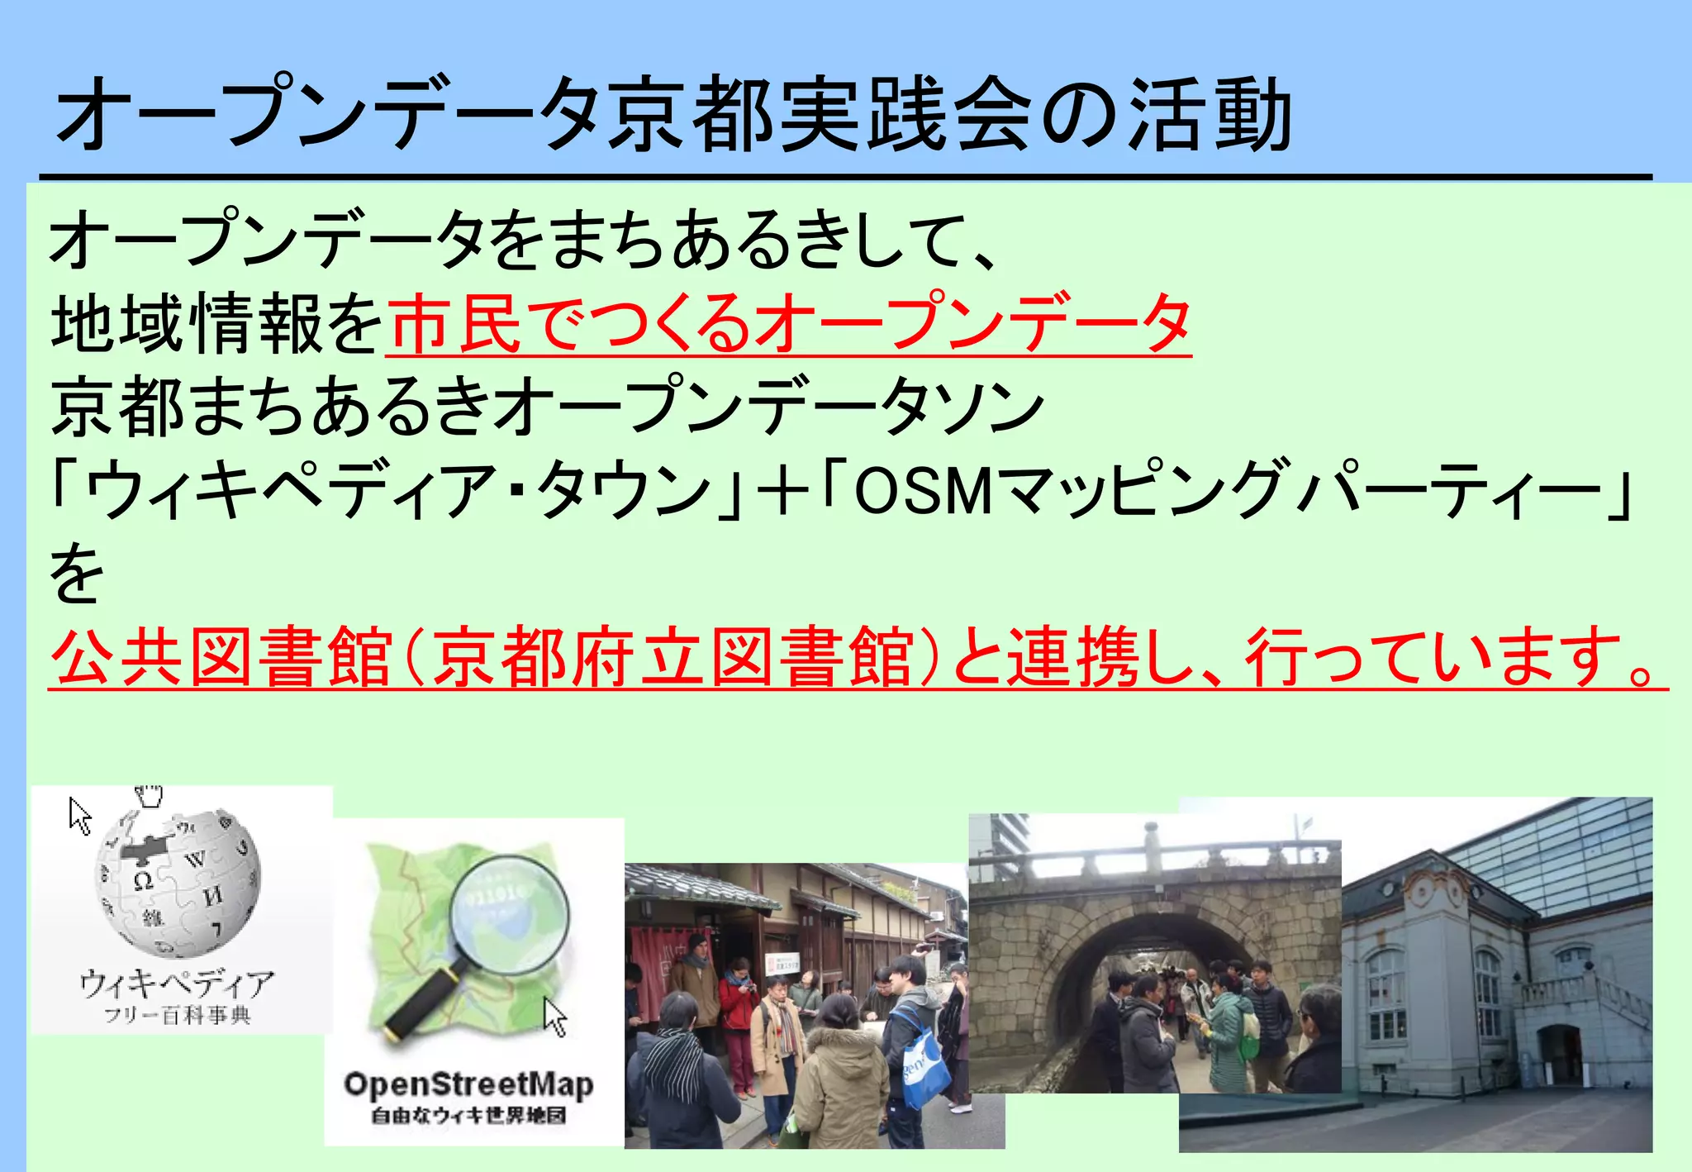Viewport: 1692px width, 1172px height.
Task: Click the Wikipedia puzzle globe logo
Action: (177, 881)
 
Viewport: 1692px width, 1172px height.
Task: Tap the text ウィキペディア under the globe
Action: (177, 983)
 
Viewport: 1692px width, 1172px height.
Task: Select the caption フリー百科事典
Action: (177, 1015)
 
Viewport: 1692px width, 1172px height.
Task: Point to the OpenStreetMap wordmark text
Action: (468, 1084)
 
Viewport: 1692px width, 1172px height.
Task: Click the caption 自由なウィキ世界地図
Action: (468, 1116)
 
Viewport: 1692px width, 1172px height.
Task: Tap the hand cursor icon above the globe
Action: (150, 795)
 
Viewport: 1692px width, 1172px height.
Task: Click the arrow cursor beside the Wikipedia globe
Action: (79, 816)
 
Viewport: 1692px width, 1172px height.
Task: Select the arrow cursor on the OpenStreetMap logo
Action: (555, 1017)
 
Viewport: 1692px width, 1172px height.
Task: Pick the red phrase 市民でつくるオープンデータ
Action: (789, 323)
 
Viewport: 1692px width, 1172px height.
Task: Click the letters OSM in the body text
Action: (921, 489)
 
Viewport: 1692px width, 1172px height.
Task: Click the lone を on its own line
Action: (77, 573)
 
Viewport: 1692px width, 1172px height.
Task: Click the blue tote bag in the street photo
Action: (924, 1070)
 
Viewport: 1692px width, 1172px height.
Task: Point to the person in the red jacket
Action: (737, 1012)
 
